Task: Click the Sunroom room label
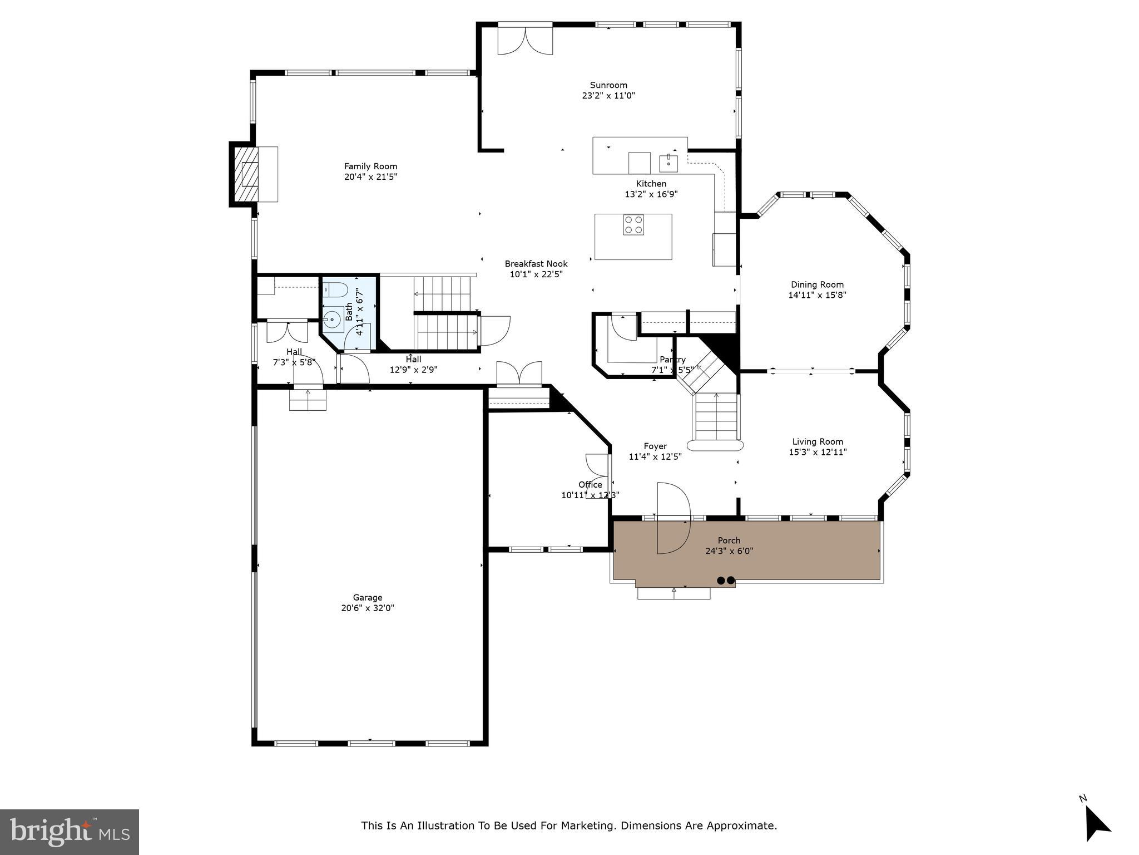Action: coord(608,85)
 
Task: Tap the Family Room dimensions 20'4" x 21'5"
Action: coord(370,177)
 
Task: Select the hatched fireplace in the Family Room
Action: coord(245,174)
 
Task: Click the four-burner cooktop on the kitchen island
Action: coord(633,225)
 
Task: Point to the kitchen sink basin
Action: coord(668,163)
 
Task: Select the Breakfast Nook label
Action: coord(536,264)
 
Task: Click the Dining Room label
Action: coord(817,285)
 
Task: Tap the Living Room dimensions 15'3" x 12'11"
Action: coord(817,453)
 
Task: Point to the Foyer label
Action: coord(655,446)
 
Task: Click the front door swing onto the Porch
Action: coord(673,518)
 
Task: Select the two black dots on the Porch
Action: coord(726,580)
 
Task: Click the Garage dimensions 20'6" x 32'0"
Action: coord(368,608)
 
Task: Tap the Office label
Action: coord(590,485)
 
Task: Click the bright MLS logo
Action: coord(70,832)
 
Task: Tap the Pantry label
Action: coord(672,360)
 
